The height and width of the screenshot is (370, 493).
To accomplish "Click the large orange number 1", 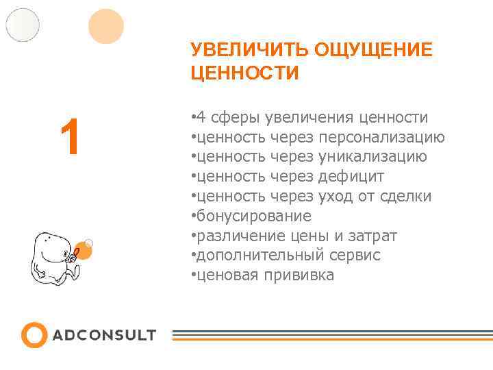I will (70, 137).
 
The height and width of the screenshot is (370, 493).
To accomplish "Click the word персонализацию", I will (381, 138).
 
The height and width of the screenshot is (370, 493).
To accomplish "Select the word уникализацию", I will (372, 157).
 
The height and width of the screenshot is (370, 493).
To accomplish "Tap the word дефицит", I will (351, 177).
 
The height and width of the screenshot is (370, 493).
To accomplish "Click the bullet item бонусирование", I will (253, 217).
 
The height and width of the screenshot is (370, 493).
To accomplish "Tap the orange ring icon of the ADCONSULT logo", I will (34, 335).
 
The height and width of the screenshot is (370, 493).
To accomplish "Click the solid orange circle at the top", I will (106, 27).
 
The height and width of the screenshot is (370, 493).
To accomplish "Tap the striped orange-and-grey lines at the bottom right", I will (331, 335).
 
